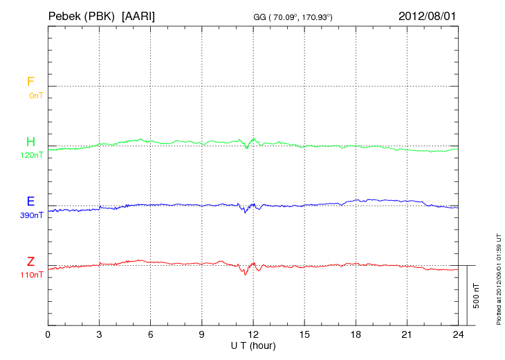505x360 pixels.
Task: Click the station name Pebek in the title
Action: (66, 15)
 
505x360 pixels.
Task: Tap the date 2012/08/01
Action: (428, 15)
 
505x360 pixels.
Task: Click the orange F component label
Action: (30, 82)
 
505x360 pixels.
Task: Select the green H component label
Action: (30, 142)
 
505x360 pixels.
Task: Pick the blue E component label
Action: (30, 201)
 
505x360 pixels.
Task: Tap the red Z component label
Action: (30, 262)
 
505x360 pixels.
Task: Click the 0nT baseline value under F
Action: (36, 96)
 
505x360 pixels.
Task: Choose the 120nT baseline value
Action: (33, 155)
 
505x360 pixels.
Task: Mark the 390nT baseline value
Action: (33, 215)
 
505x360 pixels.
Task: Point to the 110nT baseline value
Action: (33, 275)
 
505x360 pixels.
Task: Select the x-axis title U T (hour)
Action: (253, 345)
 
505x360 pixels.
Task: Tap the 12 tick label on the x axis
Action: (253, 334)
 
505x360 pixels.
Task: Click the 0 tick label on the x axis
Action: (48, 334)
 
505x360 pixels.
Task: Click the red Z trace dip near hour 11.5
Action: (245, 273)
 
